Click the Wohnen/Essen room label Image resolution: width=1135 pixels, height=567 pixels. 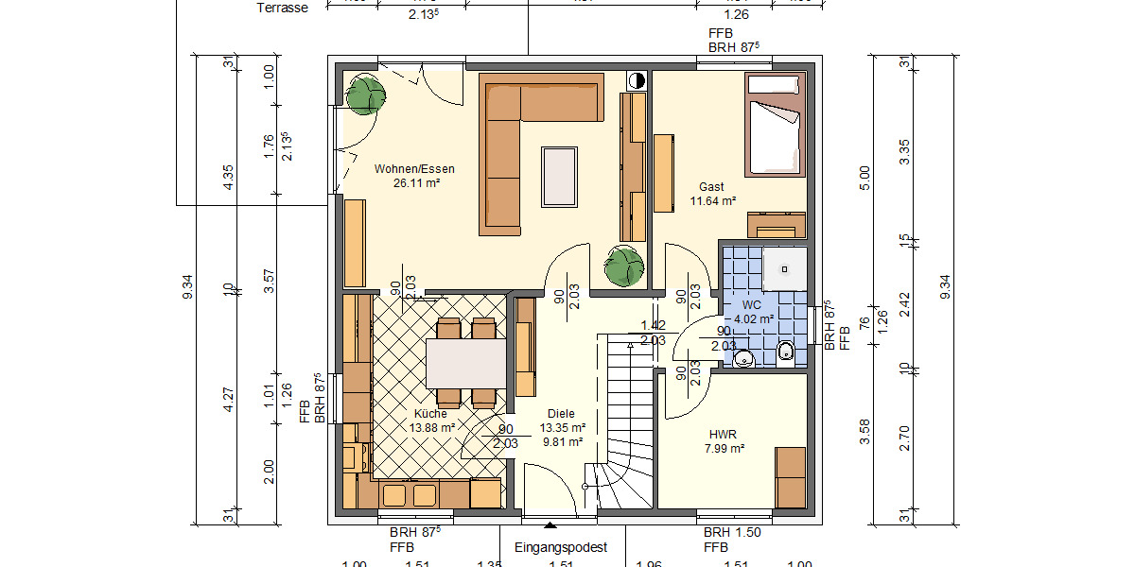click(413, 169)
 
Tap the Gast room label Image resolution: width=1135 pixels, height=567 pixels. click(711, 187)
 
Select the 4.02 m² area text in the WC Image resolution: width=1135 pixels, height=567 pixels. click(754, 319)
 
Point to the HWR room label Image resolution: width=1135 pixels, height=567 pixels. click(723, 435)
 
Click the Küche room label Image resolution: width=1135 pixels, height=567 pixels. click(429, 414)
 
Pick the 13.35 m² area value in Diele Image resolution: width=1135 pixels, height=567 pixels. click(564, 427)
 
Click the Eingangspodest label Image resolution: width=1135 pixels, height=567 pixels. click(560, 547)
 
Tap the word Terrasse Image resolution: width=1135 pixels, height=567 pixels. click(283, 8)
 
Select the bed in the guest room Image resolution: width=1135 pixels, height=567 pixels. click(774, 126)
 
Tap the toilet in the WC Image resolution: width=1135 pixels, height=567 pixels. click(787, 352)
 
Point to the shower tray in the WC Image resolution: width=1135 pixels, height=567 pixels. click(784, 269)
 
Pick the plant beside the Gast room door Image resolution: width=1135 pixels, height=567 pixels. click(623, 266)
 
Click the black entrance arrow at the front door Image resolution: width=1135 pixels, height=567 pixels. click(550, 525)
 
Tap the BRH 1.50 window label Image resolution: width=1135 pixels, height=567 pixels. click(731, 533)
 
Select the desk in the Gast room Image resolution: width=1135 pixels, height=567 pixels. click(776, 225)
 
